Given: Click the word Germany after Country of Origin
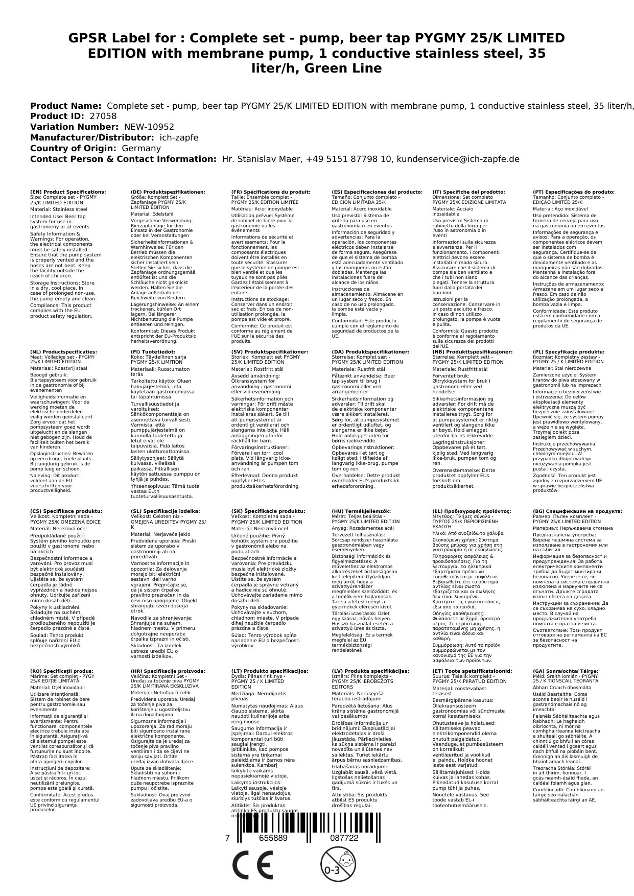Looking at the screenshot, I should click(x=141, y=148).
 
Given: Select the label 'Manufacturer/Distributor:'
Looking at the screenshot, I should click(x=92, y=137).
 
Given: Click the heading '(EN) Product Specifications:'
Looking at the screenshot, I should click(x=68, y=192).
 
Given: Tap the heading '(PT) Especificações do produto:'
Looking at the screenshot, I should click(x=574, y=192).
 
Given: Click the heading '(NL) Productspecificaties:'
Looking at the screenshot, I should click(x=63, y=352).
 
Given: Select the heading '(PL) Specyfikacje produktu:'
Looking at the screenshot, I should click(x=569, y=352).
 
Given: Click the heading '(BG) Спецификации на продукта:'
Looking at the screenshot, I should click(x=577, y=511).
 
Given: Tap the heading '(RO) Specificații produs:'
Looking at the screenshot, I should click(x=62, y=671).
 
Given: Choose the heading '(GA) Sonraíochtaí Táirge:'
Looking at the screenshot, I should click(x=566, y=671).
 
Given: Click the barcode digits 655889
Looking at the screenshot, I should click(x=273, y=838).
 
